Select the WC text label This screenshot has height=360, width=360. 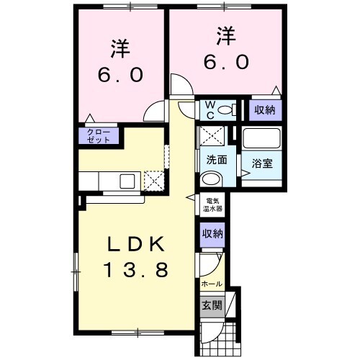[208, 110]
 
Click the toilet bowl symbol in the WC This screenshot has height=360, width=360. [226, 110]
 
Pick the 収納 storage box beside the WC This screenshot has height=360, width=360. [265, 110]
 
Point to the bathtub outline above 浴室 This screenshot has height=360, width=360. [261, 139]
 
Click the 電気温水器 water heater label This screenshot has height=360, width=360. [214, 204]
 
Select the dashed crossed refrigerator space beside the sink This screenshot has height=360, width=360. [153, 180]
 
